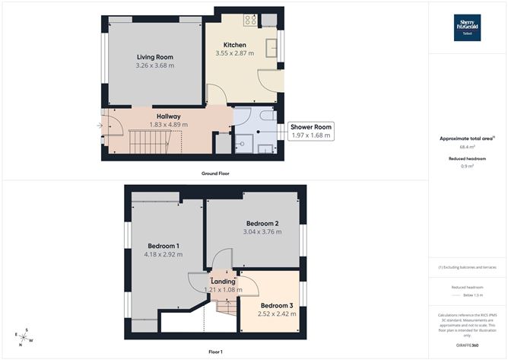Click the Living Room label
[x=155, y=57]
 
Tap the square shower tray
[x=244, y=143]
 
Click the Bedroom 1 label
[x=164, y=246]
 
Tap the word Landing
[x=223, y=282]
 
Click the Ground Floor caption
[x=215, y=174]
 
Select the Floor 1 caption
[x=215, y=351]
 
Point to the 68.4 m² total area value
[x=467, y=146]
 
